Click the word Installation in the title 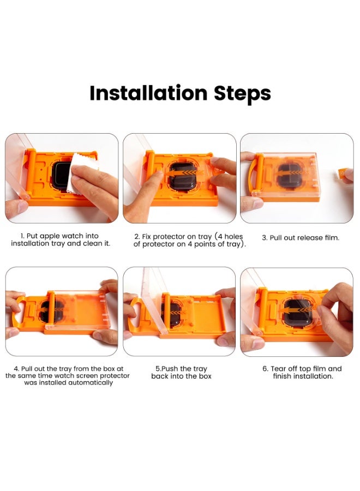(x=148, y=93)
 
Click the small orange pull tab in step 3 (x=342, y=173)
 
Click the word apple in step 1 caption (x=50, y=236)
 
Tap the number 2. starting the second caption (x=137, y=237)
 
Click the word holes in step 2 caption (x=234, y=237)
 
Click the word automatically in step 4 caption (x=91, y=382)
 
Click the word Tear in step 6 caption (x=278, y=369)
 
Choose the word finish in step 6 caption (x=283, y=376)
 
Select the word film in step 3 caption (x=332, y=238)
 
